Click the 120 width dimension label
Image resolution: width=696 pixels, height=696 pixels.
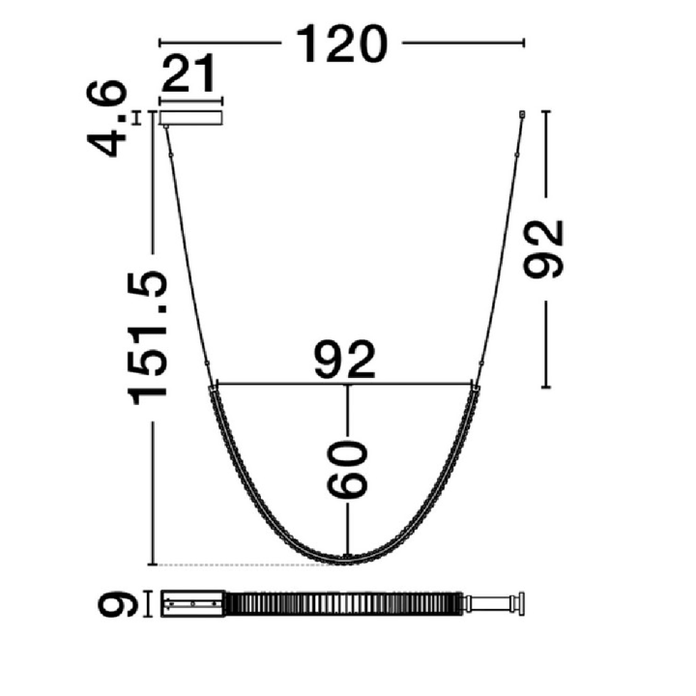pyautogui.click(x=341, y=43)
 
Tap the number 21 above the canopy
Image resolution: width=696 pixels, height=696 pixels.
pyautogui.click(x=188, y=72)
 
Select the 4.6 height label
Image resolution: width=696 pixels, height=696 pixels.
pyautogui.click(x=106, y=118)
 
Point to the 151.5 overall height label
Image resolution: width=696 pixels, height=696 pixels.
pyautogui.click(x=147, y=337)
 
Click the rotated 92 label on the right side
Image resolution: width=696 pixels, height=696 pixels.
pyautogui.click(x=543, y=249)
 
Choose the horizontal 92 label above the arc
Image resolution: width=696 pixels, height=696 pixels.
pyautogui.click(x=345, y=360)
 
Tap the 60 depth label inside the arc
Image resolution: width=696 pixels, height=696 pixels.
pyautogui.click(x=348, y=469)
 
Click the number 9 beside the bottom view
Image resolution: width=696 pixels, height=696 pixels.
pyautogui.click(x=119, y=603)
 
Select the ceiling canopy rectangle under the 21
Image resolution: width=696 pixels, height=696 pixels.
pyautogui.click(x=190, y=118)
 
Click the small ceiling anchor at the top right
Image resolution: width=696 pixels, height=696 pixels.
pyautogui.click(x=522, y=114)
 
